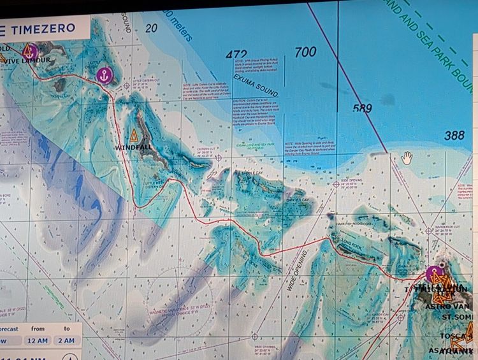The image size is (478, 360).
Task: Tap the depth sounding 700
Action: [x=305, y=52]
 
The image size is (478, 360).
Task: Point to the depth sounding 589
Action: [x=361, y=108]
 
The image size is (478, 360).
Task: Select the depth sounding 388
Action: [x=454, y=135]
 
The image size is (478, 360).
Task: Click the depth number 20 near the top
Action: [x=151, y=28]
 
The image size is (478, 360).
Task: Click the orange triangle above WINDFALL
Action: [x=134, y=135]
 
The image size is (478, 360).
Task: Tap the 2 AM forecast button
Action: [x=67, y=341]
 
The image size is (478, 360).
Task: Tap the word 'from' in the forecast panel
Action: [x=38, y=328]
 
